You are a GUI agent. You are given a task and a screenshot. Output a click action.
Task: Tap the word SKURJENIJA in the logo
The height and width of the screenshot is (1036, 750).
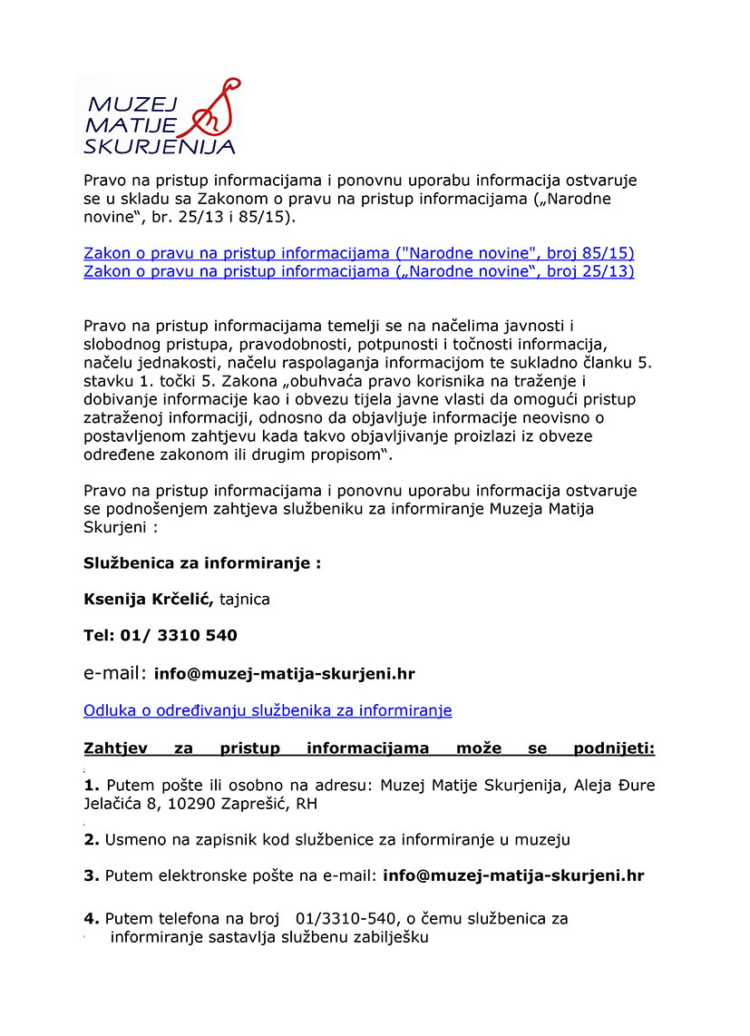coord(159,145)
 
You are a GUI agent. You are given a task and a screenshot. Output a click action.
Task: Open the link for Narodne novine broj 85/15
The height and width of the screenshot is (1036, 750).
coord(358,252)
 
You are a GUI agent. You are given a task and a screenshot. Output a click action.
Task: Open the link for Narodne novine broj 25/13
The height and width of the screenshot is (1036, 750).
coord(358,271)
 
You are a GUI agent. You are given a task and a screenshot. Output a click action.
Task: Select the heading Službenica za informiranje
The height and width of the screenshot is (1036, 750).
coord(202,562)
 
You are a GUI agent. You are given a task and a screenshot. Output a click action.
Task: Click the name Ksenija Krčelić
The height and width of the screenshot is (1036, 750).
coord(149,599)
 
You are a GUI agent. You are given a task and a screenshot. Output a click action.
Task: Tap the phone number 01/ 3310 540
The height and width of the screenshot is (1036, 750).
coord(179,635)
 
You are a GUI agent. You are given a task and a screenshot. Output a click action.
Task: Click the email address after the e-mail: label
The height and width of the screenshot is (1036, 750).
coord(285,674)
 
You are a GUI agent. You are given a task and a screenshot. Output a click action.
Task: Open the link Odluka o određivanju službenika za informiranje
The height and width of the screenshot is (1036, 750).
coord(268,710)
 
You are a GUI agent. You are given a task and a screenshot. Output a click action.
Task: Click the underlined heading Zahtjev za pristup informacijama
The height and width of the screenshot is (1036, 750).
coord(369,748)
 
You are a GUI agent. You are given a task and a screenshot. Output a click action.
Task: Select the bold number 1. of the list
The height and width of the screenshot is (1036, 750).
coord(92,785)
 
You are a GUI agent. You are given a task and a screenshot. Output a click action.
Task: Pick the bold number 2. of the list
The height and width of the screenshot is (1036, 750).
coord(92,840)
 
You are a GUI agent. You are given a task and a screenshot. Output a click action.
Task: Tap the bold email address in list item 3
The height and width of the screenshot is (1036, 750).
coord(513,875)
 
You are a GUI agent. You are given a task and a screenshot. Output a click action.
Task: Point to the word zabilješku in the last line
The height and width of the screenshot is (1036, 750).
coord(385,937)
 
